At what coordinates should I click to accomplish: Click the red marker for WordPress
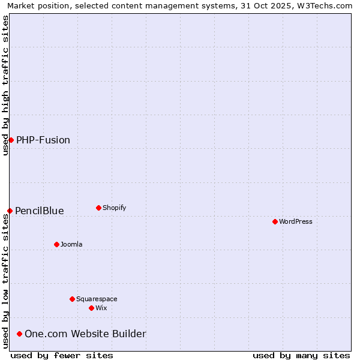(x=275, y=221)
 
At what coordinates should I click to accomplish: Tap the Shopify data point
(x=98, y=208)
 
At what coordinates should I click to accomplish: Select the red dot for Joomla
(x=56, y=244)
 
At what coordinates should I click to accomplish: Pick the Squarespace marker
(x=72, y=299)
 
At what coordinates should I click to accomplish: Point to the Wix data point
(x=91, y=308)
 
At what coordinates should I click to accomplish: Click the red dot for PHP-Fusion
(x=11, y=140)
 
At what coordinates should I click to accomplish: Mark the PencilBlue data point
(x=10, y=211)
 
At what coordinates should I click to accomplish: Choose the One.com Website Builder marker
(x=20, y=334)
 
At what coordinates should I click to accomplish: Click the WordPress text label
(x=296, y=221)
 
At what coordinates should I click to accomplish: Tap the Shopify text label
(x=114, y=208)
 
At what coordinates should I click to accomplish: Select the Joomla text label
(x=71, y=244)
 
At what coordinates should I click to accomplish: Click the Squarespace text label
(x=97, y=299)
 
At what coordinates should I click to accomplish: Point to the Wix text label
(x=101, y=308)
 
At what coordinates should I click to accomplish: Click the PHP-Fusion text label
(x=43, y=140)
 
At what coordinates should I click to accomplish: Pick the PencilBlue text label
(x=40, y=211)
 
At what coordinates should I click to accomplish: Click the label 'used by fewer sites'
(x=62, y=355)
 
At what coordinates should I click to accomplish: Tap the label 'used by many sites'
(x=301, y=355)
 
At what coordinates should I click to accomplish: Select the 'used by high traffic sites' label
(x=5, y=85)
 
